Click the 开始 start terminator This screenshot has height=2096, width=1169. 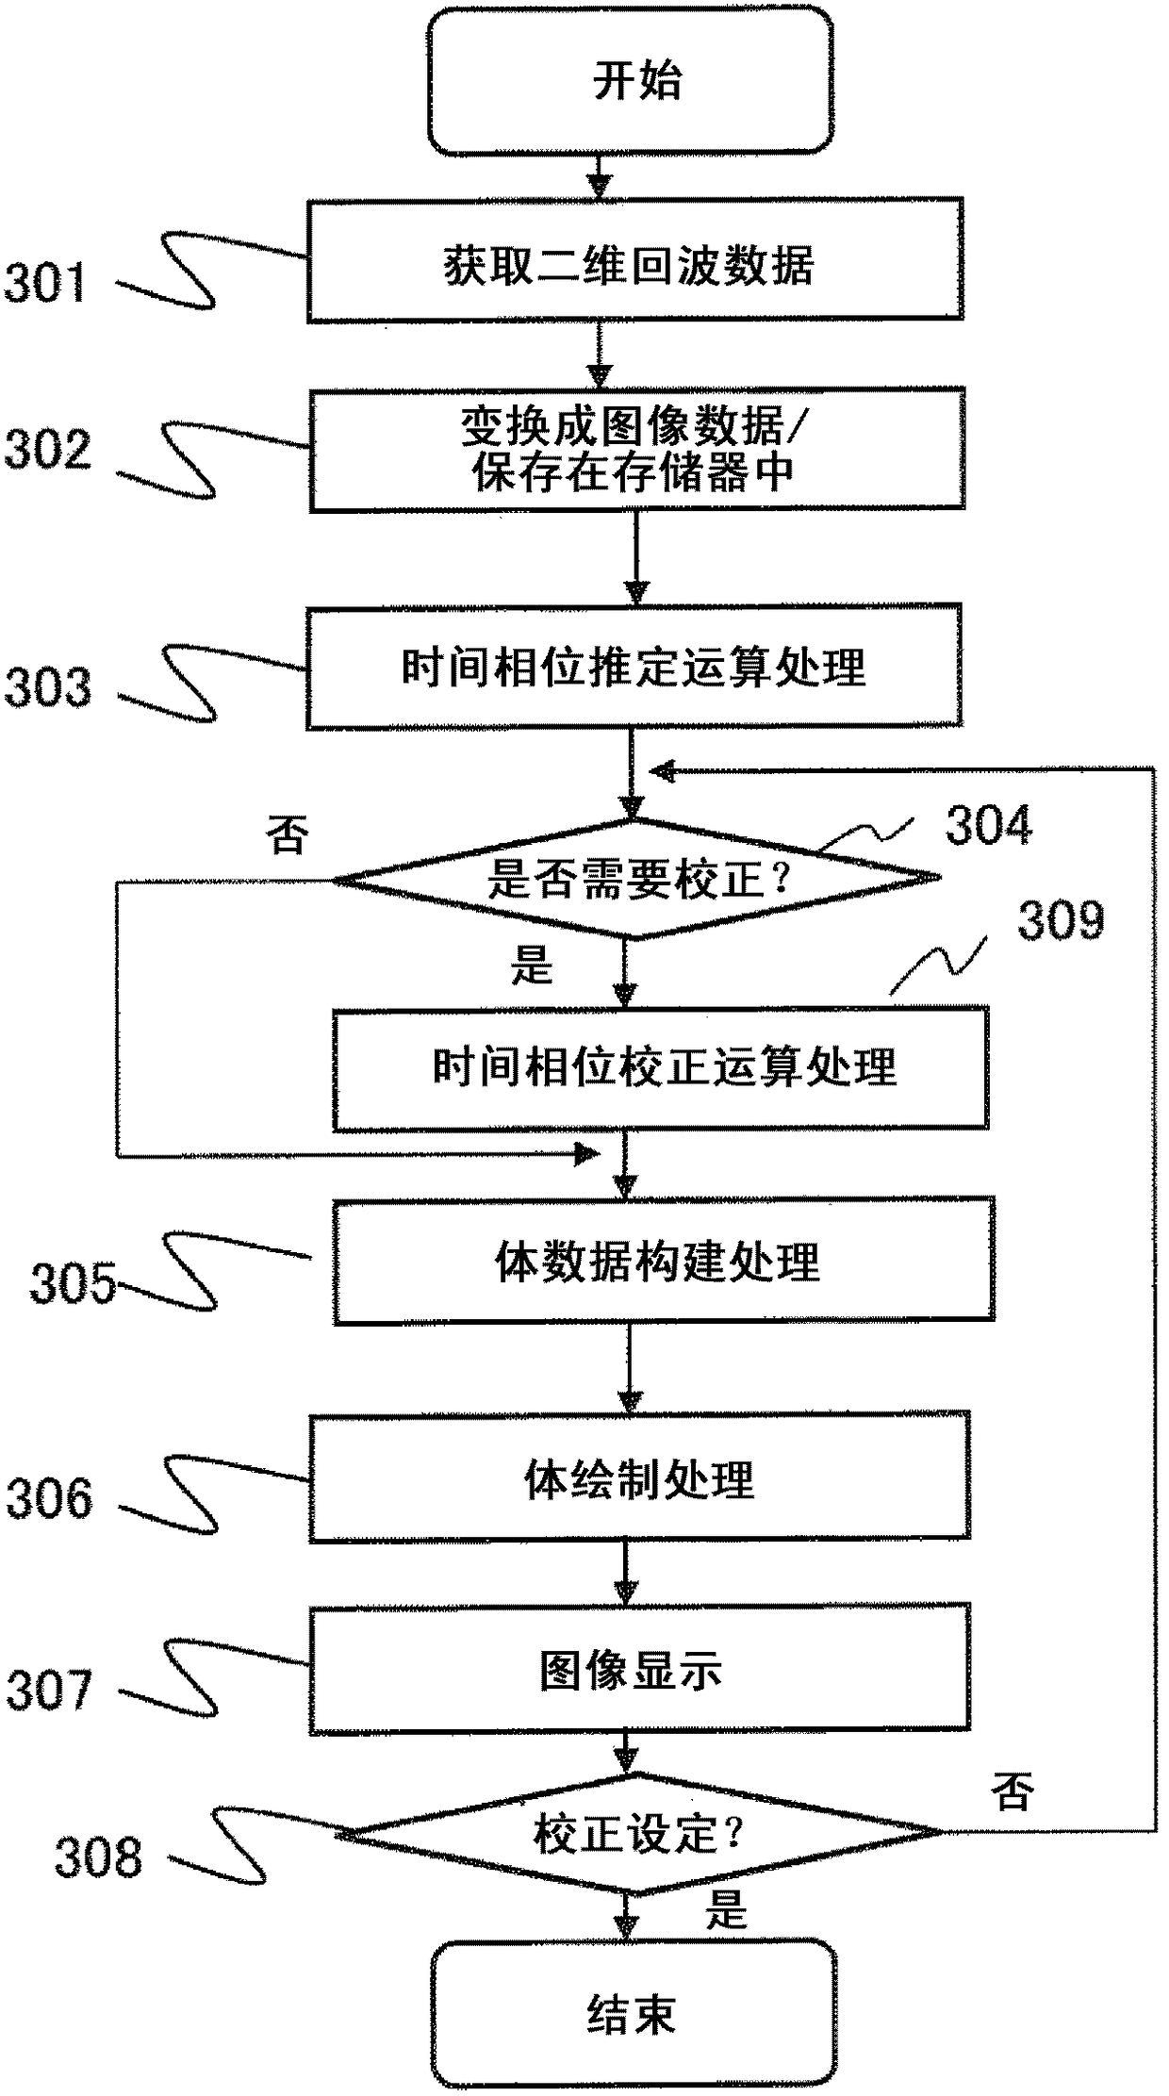(x=630, y=80)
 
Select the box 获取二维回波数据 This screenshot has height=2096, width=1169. (x=634, y=260)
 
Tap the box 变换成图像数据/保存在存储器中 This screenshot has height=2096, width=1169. (x=636, y=450)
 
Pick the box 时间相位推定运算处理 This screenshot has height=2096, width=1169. (x=634, y=667)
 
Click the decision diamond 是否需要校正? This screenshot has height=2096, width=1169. (x=636, y=879)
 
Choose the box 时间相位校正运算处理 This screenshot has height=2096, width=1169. (x=661, y=1069)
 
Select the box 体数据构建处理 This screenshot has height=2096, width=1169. (x=663, y=1261)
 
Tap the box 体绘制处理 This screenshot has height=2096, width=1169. (x=639, y=1477)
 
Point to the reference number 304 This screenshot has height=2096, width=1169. (x=989, y=825)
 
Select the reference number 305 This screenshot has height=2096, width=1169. (x=73, y=1283)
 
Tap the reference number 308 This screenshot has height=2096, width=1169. (x=98, y=1857)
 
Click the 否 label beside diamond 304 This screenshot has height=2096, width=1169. (x=287, y=833)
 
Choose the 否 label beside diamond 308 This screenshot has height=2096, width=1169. (x=1013, y=1791)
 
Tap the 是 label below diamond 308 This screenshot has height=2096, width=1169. (x=726, y=1909)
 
